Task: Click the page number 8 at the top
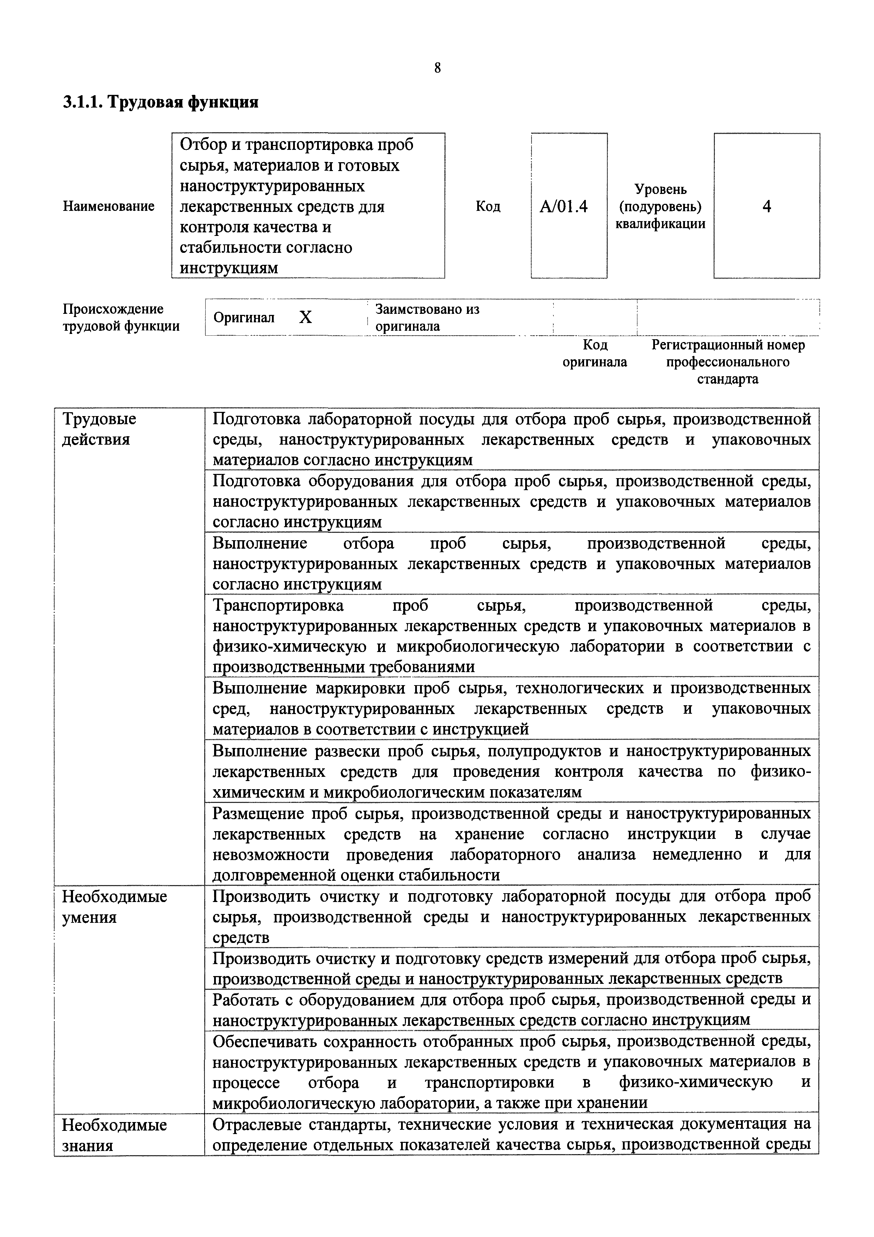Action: click(437, 68)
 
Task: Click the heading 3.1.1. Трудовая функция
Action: click(160, 102)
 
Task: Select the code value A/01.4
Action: click(564, 206)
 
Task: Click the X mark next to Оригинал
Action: click(305, 318)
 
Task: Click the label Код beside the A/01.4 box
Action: click(488, 206)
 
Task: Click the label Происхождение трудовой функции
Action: click(121, 318)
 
